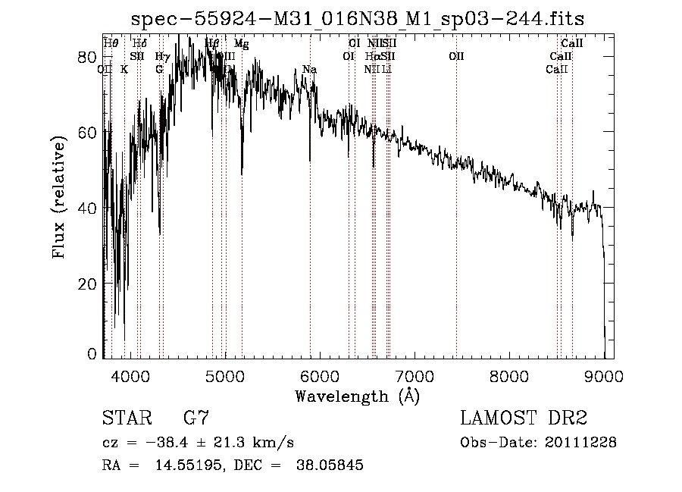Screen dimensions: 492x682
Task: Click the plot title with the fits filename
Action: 358,19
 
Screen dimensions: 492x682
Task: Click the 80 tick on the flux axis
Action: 89,58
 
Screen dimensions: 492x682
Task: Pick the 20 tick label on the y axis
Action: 89,284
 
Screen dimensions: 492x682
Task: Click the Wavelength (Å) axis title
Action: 357,395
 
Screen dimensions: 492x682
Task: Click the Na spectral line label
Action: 309,70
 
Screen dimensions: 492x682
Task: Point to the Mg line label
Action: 241,45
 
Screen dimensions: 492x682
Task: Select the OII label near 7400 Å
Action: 456,56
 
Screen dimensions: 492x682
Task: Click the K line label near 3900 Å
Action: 124,70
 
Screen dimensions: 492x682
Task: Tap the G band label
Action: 159,70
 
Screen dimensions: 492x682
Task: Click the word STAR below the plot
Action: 126,418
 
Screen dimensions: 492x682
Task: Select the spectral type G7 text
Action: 196,418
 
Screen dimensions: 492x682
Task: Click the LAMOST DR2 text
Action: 524,418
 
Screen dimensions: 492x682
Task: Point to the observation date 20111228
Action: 582,442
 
